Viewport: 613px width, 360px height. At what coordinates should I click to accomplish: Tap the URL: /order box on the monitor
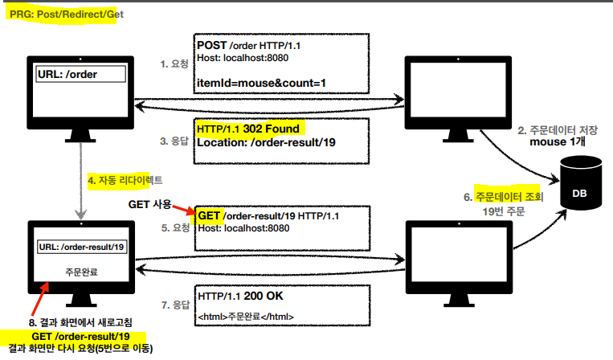click(80, 74)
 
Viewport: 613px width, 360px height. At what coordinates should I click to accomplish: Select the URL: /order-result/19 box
click(80, 247)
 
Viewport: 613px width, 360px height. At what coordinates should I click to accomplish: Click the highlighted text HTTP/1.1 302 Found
click(247, 129)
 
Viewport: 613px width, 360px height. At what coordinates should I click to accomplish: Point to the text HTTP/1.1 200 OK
click(239, 296)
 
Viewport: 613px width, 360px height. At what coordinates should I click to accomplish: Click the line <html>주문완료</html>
click(245, 317)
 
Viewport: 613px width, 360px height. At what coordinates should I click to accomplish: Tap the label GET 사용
click(152, 204)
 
